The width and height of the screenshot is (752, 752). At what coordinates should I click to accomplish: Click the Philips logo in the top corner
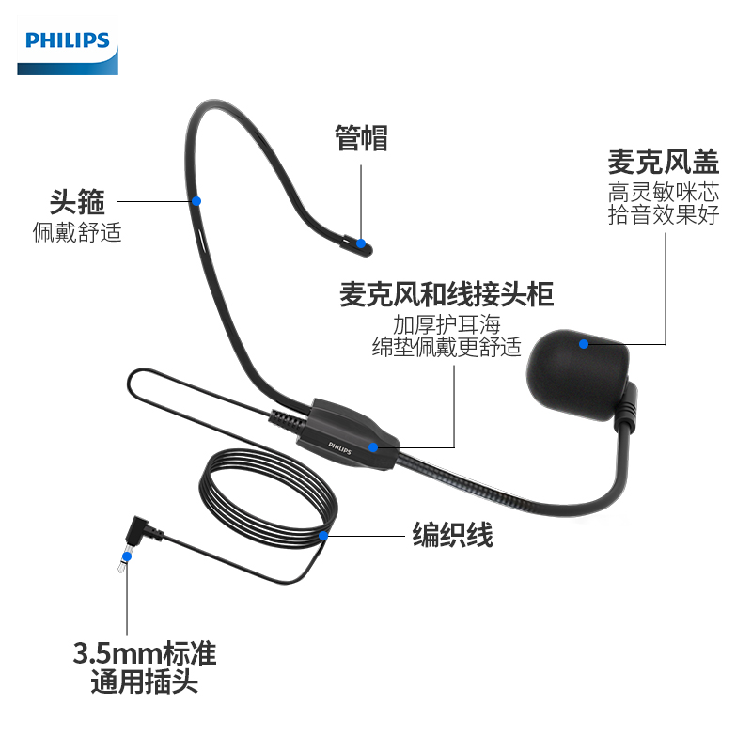(68, 41)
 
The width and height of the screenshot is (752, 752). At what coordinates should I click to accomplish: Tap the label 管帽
(361, 138)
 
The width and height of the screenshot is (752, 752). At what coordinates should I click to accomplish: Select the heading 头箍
(77, 201)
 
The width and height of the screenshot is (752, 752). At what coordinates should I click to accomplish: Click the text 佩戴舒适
(77, 231)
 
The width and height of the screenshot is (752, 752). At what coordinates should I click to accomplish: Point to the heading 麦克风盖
(663, 162)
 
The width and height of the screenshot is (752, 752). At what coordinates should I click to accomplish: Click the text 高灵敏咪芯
(663, 193)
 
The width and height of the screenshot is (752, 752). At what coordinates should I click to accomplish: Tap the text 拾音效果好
(663, 215)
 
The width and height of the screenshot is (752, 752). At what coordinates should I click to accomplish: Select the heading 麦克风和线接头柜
(446, 296)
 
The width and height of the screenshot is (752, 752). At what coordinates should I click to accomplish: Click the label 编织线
(453, 536)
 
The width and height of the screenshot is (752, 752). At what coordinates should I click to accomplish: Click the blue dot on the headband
(196, 200)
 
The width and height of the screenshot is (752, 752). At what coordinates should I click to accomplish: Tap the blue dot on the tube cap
(361, 243)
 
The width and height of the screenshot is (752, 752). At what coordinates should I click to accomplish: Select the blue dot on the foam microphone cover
(584, 345)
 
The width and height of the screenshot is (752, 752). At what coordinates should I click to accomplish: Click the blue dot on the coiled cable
(323, 536)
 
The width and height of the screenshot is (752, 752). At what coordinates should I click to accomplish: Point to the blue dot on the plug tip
(126, 556)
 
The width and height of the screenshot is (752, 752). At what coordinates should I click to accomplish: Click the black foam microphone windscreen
(578, 371)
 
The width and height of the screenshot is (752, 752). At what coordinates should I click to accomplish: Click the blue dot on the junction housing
(373, 447)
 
